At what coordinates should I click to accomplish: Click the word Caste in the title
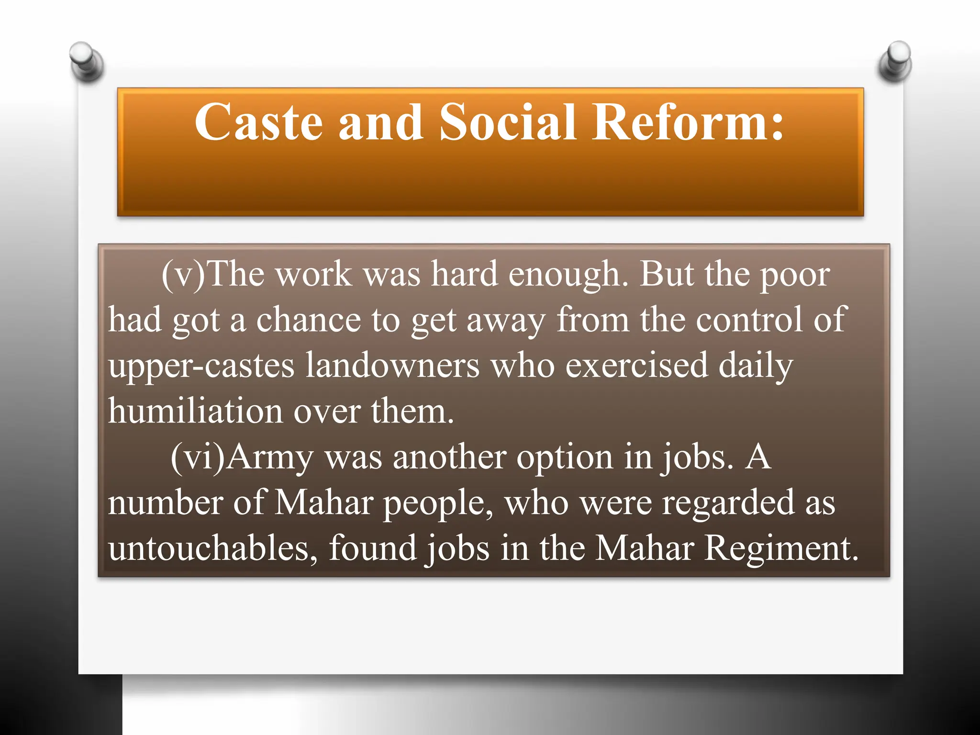click(x=258, y=123)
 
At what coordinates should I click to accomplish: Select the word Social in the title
click(x=507, y=123)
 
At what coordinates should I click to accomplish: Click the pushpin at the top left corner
click(x=86, y=61)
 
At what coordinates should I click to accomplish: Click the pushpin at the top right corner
click(x=895, y=61)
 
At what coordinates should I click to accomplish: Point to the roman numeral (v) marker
click(x=183, y=275)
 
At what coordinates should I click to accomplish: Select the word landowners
click(x=392, y=366)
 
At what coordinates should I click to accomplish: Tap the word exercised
click(x=636, y=366)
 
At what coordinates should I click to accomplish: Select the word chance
click(x=308, y=320)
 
